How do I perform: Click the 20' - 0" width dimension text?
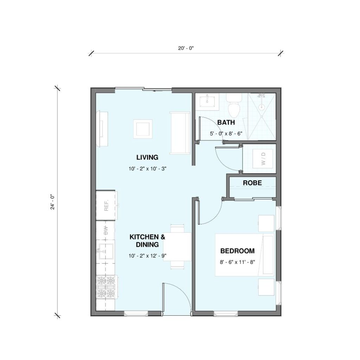tap(186, 48)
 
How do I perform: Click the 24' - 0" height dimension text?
tap(53, 202)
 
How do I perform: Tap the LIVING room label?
tap(147, 157)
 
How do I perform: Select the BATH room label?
tap(226, 122)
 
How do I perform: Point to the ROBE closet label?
tap(252, 183)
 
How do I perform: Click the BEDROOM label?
tap(237, 251)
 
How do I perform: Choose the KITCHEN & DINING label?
tap(147, 240)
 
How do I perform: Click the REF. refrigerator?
tap(105, 205)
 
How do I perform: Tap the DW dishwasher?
tap(105, 230)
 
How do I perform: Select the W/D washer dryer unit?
tap(263, 159)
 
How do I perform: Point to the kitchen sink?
tap(105, 252)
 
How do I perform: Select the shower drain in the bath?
tap(261, 107)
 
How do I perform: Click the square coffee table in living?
tap(143, 129)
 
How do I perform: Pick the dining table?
tap(177, 246)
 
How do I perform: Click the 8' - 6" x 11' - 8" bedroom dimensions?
tap(237, 262)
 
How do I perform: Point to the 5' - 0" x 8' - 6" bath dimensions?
tap(226, 133)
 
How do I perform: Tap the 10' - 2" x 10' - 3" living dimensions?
tap(147, 169)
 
